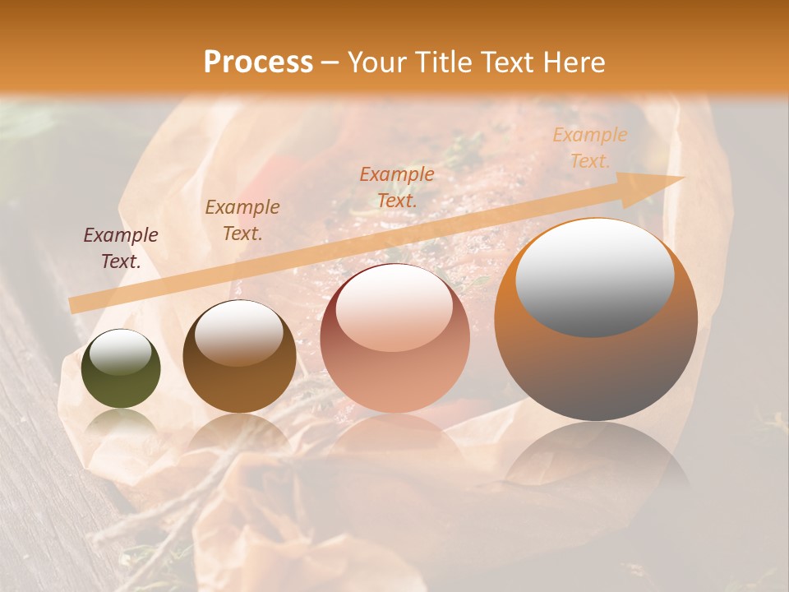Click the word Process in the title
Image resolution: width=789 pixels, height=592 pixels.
point(258,62)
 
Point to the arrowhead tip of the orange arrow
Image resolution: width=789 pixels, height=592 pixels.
point(682,178)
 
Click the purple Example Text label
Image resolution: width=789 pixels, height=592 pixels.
point(121,248)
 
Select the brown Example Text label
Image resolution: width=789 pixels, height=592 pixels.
point(242,220)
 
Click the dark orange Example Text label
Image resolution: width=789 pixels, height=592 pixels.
point(397,187)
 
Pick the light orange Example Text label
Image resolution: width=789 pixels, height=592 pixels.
point(589,148)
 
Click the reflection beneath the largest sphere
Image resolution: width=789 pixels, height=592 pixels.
point(596,460)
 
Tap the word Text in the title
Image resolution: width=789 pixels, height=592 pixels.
point(507,62)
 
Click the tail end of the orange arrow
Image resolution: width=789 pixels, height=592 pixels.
point(72,305)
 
